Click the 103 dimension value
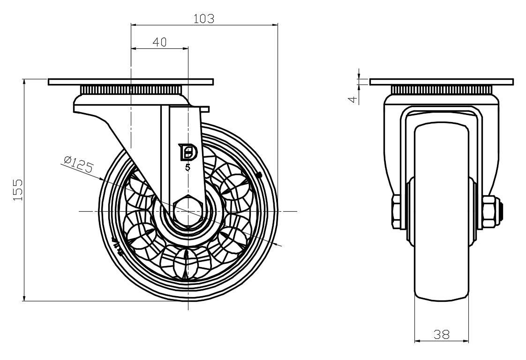coord(204,19)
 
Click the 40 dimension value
coord(159,42)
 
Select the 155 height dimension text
coord(18,190)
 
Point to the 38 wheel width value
coord(441,334)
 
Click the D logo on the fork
coord(189,152)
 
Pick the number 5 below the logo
coord(188,167)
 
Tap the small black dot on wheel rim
coord(259,176)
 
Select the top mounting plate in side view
coord(131,82)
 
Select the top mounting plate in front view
coord(442,82)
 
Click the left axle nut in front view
coord(395,212)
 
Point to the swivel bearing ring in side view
coord(131,90)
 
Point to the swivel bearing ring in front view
coord(442,90)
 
